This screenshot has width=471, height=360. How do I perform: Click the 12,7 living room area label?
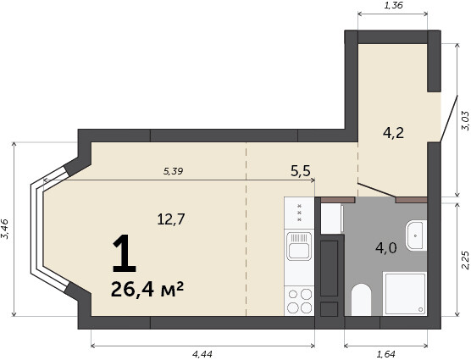point(171,219)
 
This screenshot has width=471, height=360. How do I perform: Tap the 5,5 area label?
point(301,171)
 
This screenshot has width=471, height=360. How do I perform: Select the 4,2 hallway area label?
point(394,133)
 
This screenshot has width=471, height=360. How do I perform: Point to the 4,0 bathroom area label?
point(386,248)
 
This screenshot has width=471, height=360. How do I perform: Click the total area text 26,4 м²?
point(147,290)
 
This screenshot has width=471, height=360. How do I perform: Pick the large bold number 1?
point(124,254)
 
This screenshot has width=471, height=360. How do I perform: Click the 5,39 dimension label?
point(173,171)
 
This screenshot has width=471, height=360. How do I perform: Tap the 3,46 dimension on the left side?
point(5,229)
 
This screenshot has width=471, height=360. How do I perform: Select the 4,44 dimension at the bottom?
point(202,354)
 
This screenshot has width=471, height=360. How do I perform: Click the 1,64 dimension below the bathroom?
point(385,354)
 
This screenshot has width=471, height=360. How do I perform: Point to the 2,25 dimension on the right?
point(465,259)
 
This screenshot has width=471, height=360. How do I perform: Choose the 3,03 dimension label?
point(465,120)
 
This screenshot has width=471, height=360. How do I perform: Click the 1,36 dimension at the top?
point(393,5)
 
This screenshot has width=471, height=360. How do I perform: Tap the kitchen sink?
point(299,246)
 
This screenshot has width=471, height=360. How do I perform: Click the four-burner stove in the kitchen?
point(299,301)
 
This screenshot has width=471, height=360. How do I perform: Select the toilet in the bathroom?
point(362,300)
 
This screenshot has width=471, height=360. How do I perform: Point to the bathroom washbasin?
point(416,235)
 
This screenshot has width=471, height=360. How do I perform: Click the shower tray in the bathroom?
point(405,294)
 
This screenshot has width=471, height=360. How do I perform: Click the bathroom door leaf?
point(377,190)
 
